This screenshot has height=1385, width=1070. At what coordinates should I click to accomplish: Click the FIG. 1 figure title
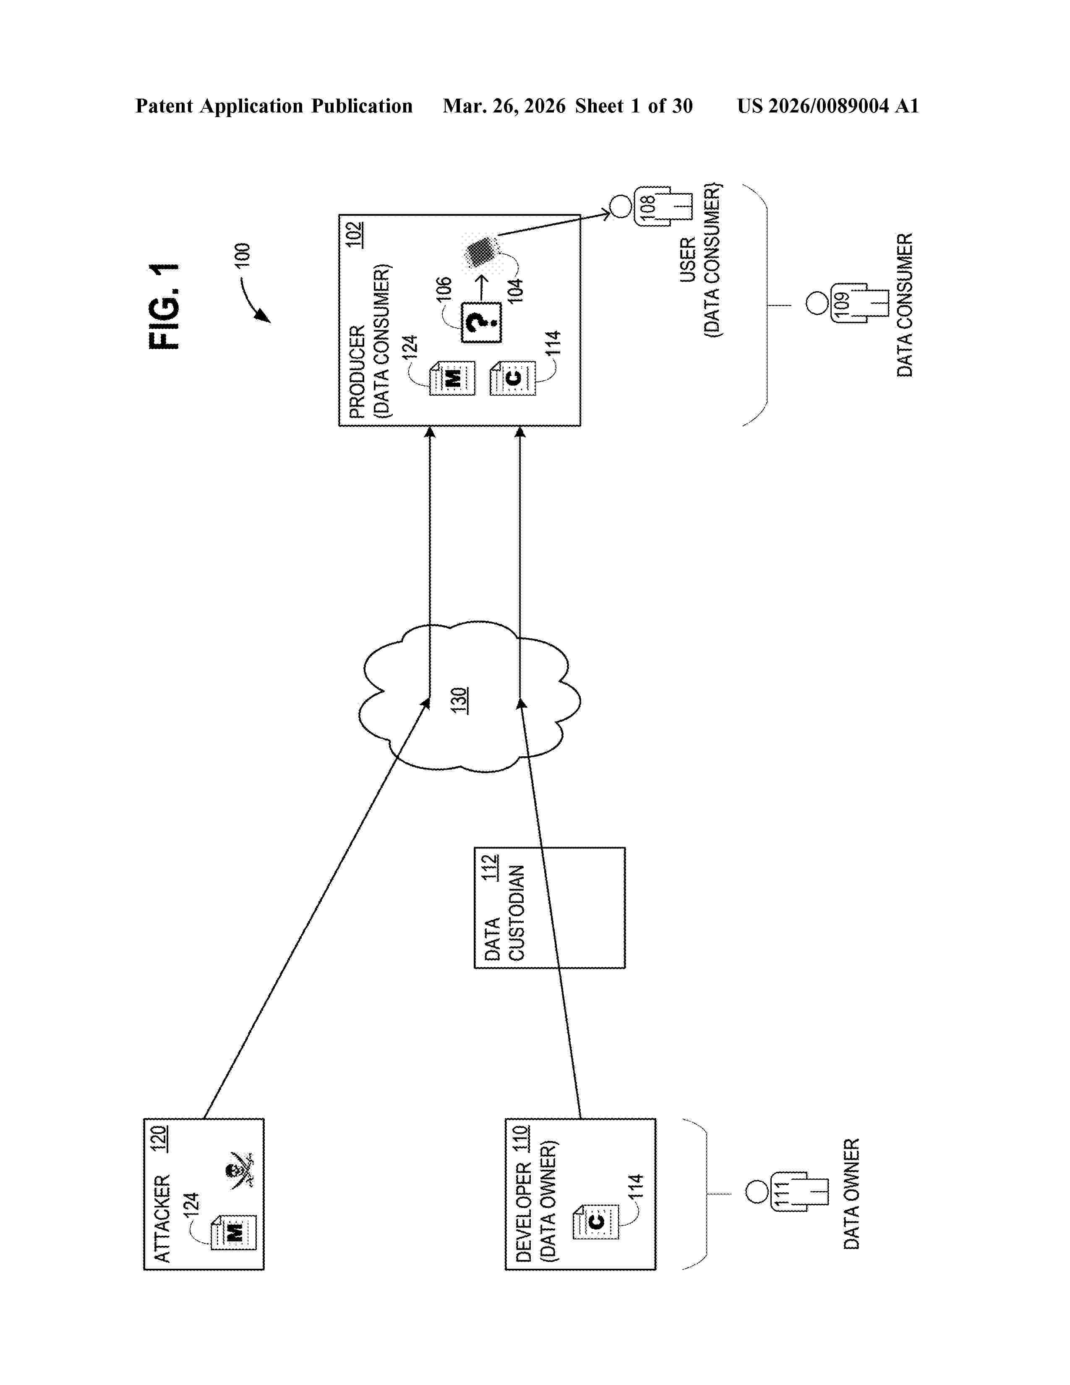[164, 306]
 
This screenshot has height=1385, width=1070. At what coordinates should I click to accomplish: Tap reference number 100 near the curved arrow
[243, 255]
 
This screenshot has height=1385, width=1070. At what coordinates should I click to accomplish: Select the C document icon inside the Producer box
[513, 379]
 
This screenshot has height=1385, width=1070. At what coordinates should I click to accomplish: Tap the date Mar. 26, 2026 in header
[504, 106]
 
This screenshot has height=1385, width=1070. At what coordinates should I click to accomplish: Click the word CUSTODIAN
[517, 913]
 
